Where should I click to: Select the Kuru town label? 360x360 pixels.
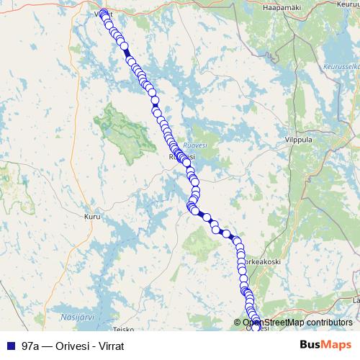tap(92, 215)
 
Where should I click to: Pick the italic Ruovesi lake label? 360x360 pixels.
tap(196, 143)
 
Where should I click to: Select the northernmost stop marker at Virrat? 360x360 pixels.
tap(104, 12)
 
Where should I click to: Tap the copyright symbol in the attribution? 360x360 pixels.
tap(238, 323)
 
